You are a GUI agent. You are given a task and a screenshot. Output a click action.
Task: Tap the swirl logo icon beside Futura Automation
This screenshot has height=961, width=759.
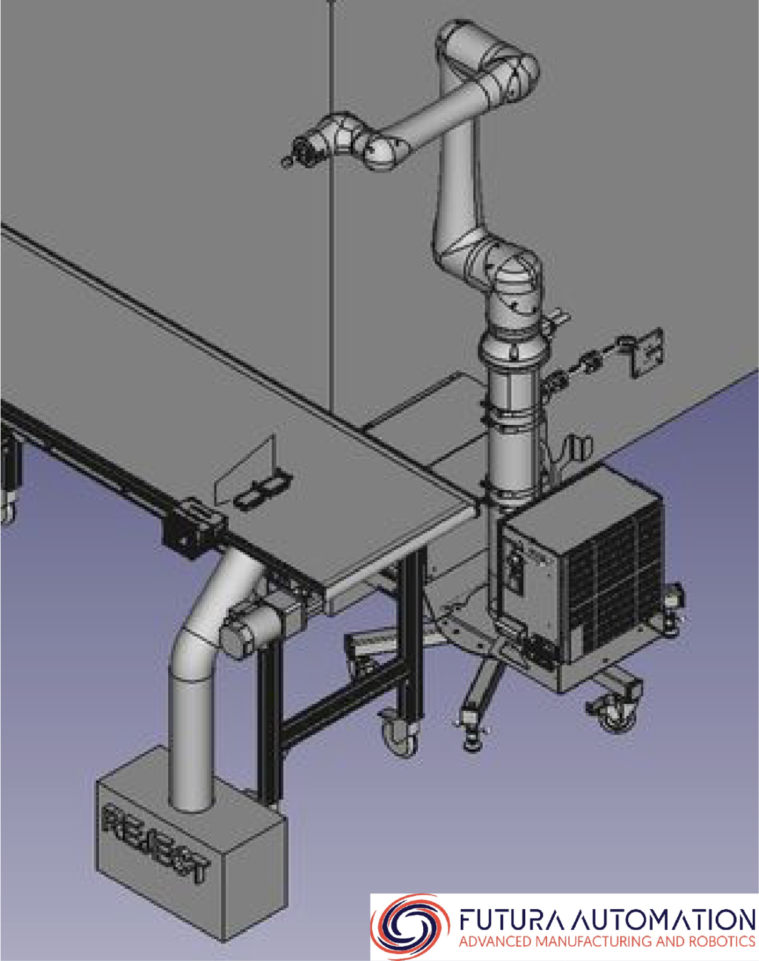(x=410, y=925)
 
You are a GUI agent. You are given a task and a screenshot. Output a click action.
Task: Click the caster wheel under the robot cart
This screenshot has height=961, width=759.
(x=615, y=713)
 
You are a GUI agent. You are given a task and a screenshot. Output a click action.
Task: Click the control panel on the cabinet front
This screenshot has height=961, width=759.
(x=516, y=566)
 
